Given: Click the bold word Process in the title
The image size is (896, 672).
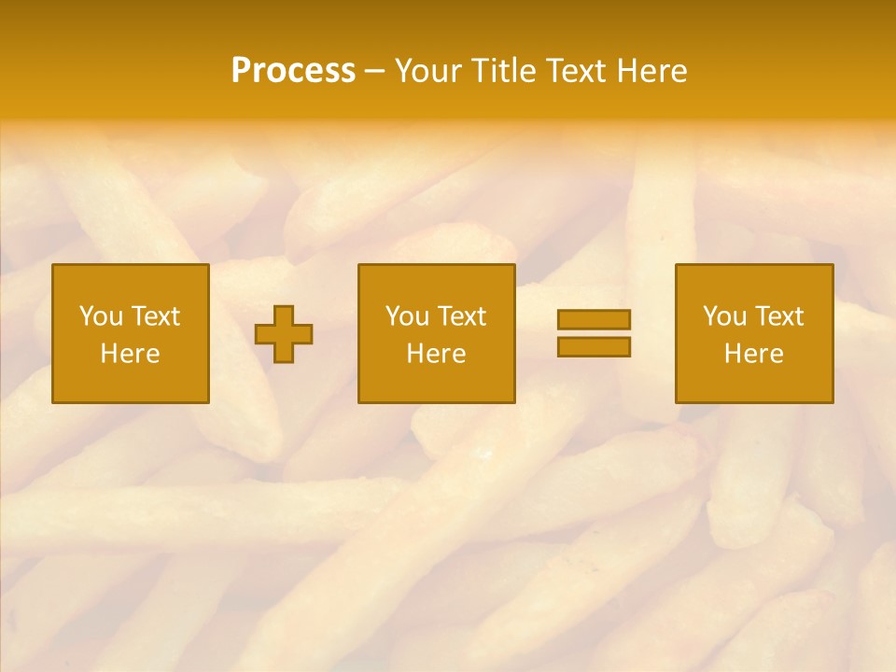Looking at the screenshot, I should (293, 71).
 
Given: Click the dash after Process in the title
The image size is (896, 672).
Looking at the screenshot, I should (375, 72).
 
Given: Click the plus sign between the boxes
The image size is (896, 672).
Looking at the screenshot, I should (284, 334).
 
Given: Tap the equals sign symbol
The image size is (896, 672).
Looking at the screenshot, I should (594, 333).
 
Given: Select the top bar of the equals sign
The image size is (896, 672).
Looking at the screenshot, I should (594, 320).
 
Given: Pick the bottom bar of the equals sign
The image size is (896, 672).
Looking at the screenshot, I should (594, 346).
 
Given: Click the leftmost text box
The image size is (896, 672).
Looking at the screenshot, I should (131, 333).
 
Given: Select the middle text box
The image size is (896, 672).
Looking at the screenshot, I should (436, 333).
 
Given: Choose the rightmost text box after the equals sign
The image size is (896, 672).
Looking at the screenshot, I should (753, 333).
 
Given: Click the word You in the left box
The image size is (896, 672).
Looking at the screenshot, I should (100, 316).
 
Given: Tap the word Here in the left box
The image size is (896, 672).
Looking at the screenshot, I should (131, 354).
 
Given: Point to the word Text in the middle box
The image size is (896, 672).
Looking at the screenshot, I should (461, 316).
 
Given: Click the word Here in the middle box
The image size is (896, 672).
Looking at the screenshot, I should (436, 354).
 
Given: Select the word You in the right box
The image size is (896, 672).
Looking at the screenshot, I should (723, 316).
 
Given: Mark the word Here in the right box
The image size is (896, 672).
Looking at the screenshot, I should (753, 354).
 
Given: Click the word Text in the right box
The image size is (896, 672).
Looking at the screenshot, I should (778, 316).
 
